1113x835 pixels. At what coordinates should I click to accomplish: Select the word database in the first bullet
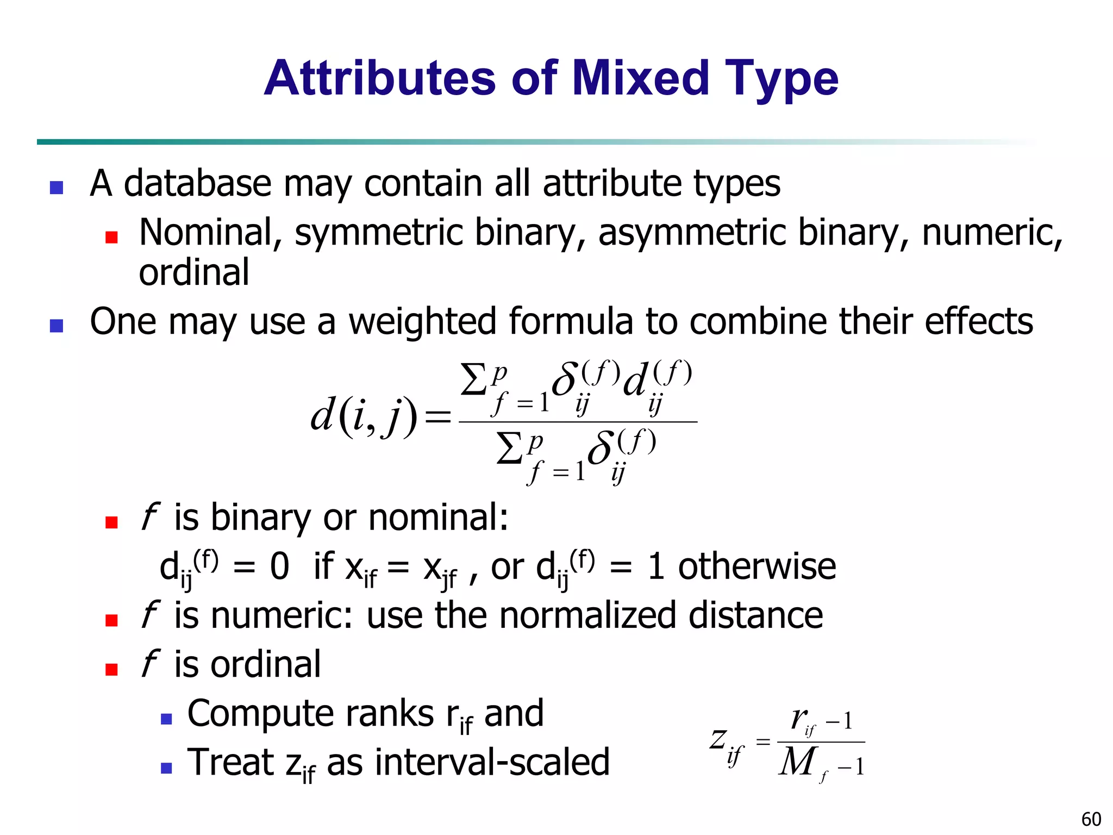[197, 183]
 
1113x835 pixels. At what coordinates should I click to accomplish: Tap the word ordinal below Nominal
[194, 272]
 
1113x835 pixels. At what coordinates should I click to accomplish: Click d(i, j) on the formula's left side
[364, 417]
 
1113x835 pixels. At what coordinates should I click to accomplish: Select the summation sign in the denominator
[510, 449]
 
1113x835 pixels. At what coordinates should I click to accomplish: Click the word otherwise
[757, 566]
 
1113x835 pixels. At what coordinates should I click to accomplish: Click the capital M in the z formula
[797, 762]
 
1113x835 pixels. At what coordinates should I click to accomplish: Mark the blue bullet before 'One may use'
[57, 326]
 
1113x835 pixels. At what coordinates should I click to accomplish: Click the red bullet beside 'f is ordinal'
[112, 669]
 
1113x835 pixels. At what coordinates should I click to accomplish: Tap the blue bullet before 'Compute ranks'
[166, 719]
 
